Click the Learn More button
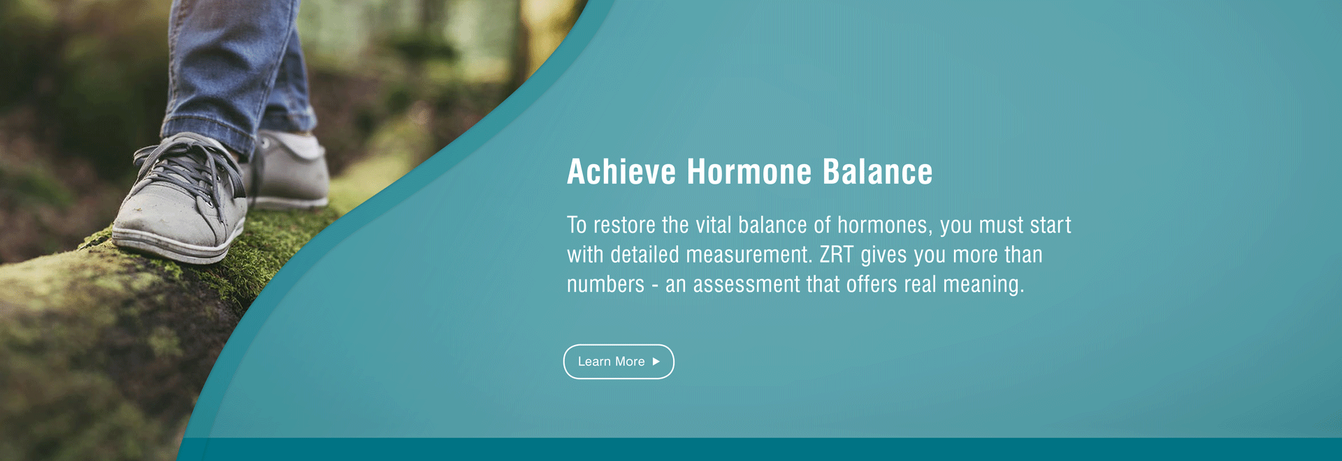619,362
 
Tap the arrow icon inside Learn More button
656,362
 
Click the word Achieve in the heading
621,172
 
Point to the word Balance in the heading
877,172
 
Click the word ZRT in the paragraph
837,255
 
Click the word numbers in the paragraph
605,285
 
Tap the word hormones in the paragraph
885,226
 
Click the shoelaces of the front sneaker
185,171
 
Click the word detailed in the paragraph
644,255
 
